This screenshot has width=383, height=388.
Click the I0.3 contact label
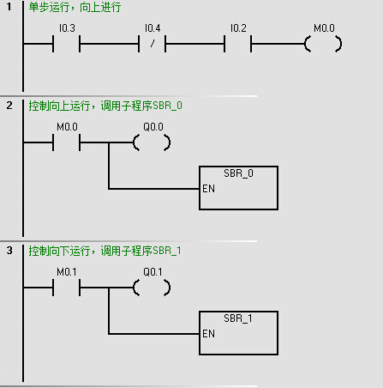tap(67, 28)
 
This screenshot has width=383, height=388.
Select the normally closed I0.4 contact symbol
tap(153, 44)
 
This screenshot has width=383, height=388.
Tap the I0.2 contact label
tap(238, 28)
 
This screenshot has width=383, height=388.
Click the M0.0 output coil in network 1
tap(323, 44)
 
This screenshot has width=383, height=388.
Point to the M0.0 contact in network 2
tap(67, 142)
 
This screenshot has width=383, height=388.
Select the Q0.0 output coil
tap(152, 142)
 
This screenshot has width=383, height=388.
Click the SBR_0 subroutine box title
tap(238, 173)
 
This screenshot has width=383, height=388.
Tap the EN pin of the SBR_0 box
tap(208, 189)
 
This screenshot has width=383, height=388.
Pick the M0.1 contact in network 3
tap(67, 288)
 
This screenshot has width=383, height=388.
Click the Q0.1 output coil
tap(152, 288)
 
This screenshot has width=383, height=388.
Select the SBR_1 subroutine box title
tap(238, 318)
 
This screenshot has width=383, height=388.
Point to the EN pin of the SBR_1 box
tap(208, 334)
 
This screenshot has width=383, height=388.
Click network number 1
tap(9, 7)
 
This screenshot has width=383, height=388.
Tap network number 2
tap(9, 106)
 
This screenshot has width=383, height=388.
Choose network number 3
tap(9, 251)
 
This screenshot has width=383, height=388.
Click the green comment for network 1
tap(75, 7)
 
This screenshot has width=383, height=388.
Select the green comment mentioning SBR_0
tap(105, 106)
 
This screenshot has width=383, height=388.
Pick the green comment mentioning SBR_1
tap(105, 251)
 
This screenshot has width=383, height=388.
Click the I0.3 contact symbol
tap(67, 44)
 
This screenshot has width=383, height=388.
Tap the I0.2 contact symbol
tap(238, 44)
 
